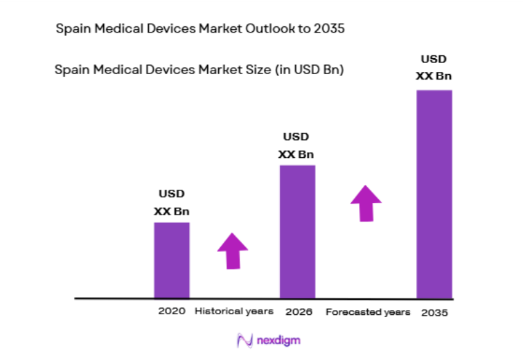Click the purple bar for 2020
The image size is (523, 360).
171,260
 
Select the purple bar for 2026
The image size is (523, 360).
297,231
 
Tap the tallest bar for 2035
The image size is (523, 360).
434,194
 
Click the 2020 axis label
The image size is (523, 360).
171,312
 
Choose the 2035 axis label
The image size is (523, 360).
434,312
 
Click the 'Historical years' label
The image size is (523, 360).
234,312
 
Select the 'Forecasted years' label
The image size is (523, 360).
368,312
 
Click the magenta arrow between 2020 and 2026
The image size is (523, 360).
233,251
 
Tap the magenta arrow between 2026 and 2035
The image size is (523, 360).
366,202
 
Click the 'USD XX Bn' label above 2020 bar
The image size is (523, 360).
172,202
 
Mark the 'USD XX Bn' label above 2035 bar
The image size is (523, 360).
434,68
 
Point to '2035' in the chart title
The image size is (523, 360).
330,30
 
